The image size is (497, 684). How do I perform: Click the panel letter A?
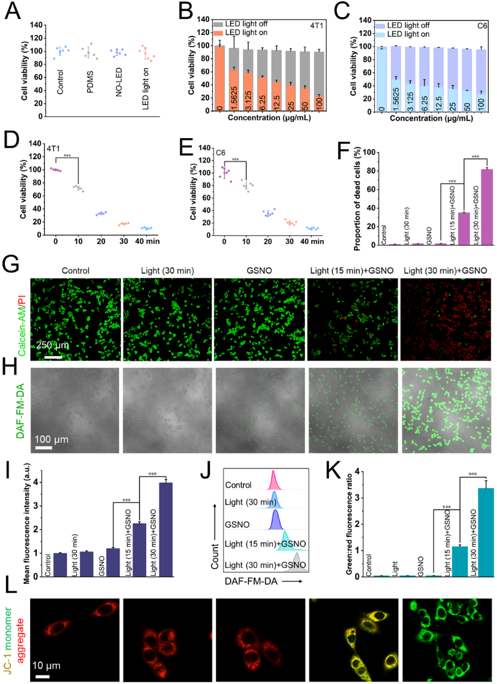14,10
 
